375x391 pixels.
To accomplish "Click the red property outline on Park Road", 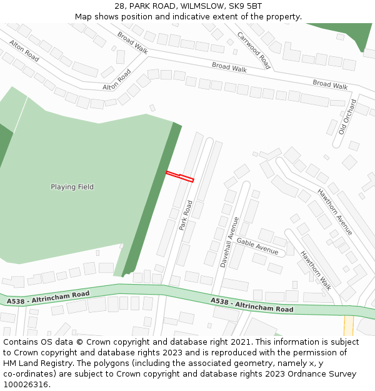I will (x=180, y=176).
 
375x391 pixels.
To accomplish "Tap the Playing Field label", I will (x=72, y=186).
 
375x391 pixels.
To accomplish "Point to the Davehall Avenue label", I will (x=229, y=242).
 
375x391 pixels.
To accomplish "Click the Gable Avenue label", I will (x=257, y=246).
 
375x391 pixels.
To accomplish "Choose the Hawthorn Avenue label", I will (x=334, y=212).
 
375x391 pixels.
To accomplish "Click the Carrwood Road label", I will (x=254, y=50).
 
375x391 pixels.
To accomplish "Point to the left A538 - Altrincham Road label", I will (x=48, y=297).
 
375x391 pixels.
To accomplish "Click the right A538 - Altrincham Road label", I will (x=252, y=305).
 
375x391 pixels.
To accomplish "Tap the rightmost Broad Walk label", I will (x=330, y=84).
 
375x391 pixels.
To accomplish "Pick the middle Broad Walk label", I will (x=229, y=66).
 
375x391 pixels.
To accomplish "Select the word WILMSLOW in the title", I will (x=203, y=6).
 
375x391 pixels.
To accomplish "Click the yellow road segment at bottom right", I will (x=348, y=326).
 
